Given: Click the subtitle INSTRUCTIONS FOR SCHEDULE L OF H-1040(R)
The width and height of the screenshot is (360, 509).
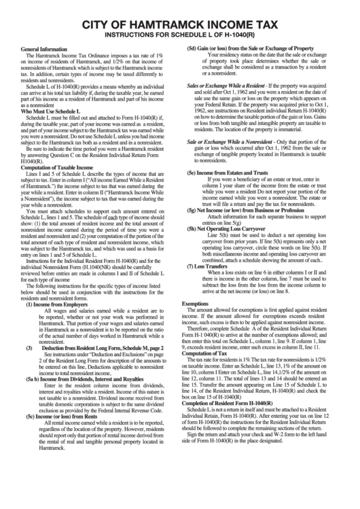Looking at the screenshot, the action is (x=180, y=34).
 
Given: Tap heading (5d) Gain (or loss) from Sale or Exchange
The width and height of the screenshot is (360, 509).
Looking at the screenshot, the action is (x=250, y=50).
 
